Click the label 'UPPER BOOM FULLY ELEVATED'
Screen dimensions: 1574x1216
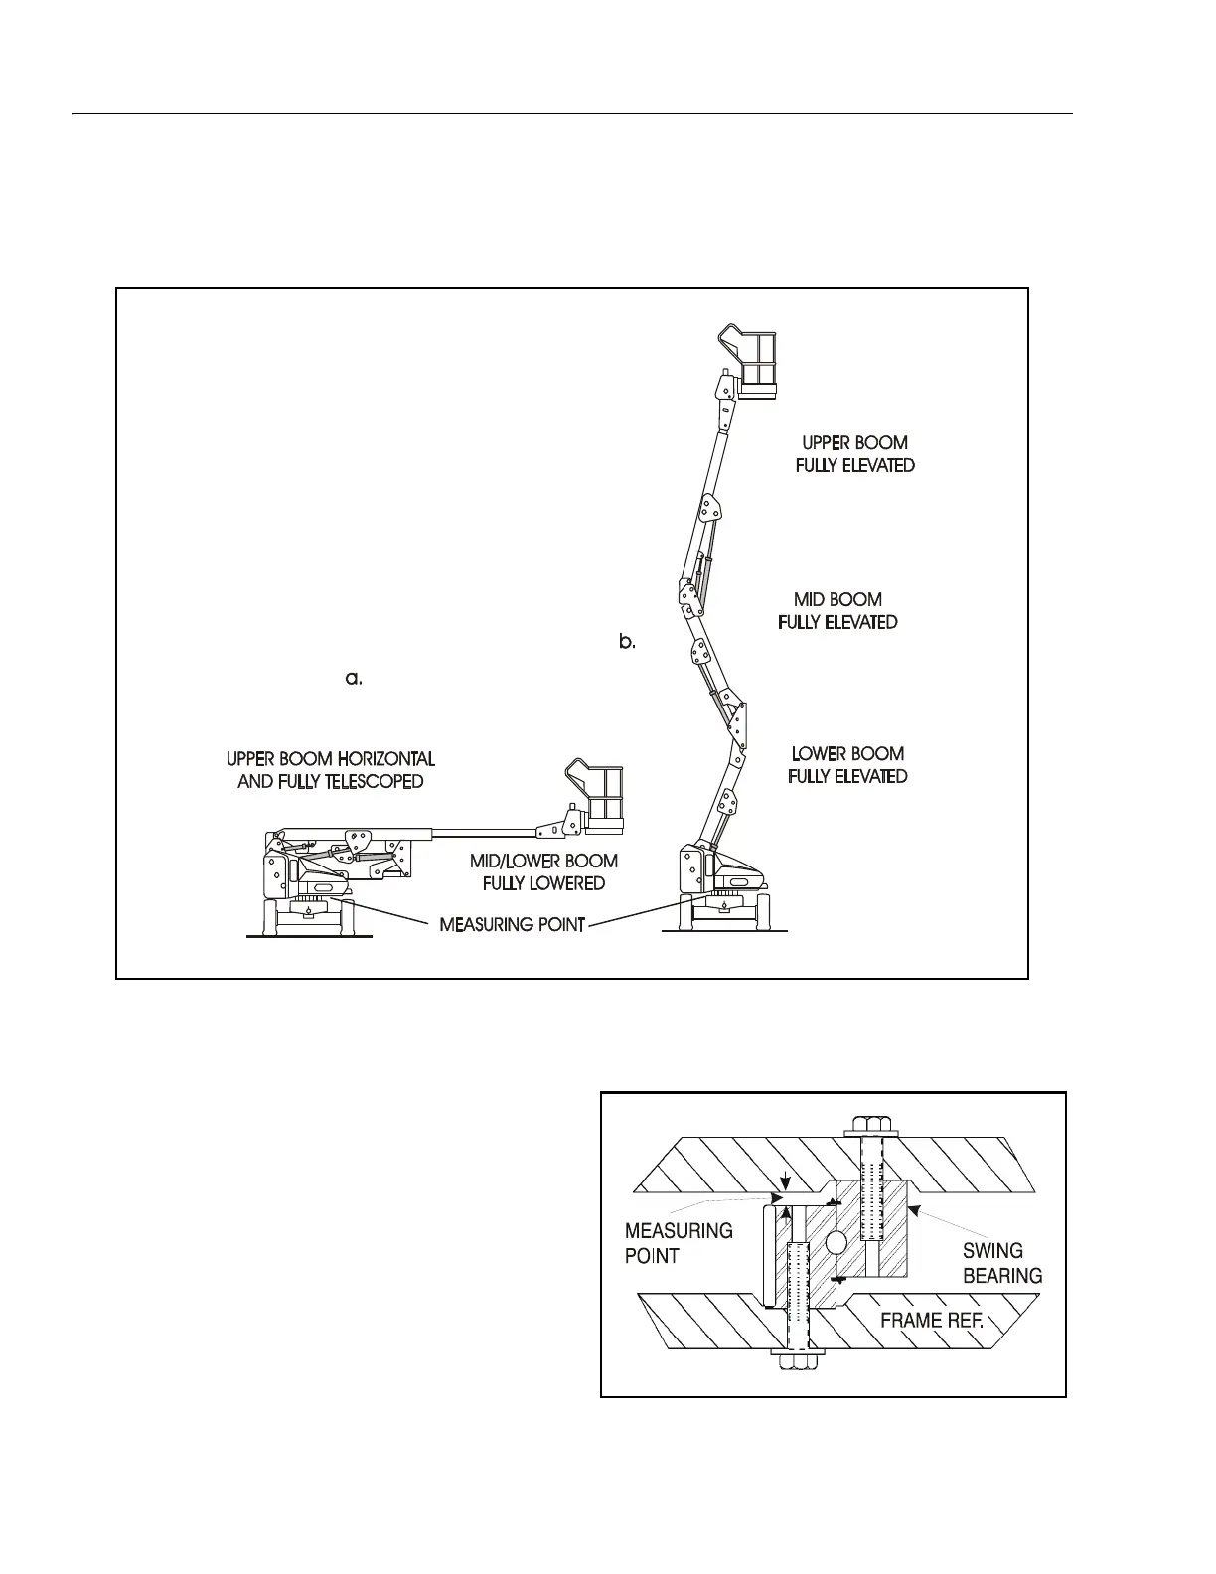click(854, 454)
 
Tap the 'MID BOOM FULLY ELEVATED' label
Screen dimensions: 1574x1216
click(837, 611)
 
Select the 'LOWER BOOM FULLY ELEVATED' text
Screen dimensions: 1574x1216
click(847, 765)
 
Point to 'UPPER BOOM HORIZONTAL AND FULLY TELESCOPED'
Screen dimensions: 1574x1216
click(331, 770)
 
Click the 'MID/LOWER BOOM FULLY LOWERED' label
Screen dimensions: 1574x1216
click(543, 871)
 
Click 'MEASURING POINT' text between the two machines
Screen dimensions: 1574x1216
click(512, 924)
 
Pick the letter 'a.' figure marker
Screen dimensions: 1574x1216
click(354, 679)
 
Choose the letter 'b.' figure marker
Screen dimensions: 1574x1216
click(627, 642)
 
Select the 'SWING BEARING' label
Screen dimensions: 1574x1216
click(1002, 1263)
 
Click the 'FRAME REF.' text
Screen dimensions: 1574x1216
click(932, 1321)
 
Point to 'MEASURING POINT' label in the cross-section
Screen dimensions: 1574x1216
click(679, 1243)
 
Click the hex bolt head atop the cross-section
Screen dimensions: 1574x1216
click(871, 1126)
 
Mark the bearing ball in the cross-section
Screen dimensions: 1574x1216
click(836, 1242)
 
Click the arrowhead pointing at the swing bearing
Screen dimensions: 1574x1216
click(915, 1210)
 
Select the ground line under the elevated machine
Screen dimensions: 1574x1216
click(724, 932)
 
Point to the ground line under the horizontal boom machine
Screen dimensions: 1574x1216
click(309, 936)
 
